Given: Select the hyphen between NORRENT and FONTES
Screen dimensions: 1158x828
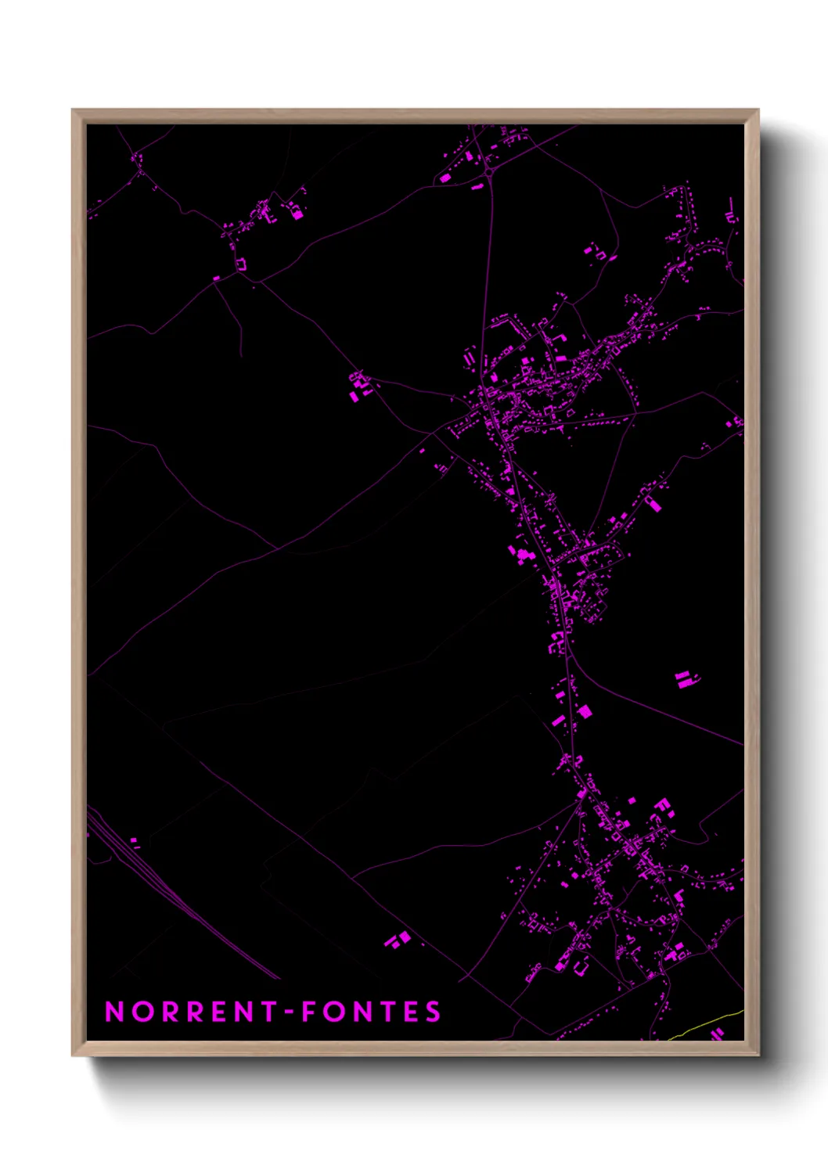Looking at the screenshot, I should pyautogui.click(x=289, y=1012).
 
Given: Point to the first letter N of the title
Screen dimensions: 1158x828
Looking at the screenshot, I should pyautogui.click(x=114, y=1012).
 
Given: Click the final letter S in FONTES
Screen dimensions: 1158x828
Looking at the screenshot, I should pyautogui.click(x=434, y=1012).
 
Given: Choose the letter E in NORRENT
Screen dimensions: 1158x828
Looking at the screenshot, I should pyautogui.click(x=219, y=1012).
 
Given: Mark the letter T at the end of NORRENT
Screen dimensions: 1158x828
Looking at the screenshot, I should pyautogui.click(x=268, y=1012).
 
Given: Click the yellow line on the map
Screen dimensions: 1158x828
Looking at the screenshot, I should pyautogui.click(x=704, y=1024).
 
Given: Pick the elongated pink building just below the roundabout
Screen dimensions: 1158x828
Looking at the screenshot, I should pyautogui.click(x=477, y=187).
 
